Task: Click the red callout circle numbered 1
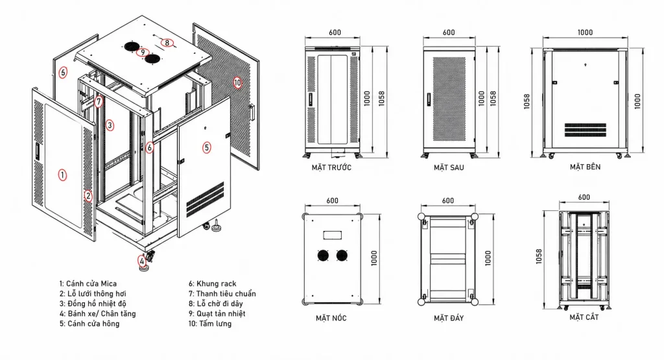click(x=62, y=175)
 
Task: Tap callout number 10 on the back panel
click(x=237, y=82)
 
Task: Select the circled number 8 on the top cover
click(x=167, y=42)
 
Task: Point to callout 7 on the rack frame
click(x=99, y=102)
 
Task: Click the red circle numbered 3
click(x=110, y=125)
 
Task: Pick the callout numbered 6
click(x=150, y=147)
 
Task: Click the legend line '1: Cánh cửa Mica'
click(x=88, y=283)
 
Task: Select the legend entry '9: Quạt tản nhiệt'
click(x=217, y=314)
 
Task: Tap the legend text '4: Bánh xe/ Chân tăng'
click(x=97, y=314)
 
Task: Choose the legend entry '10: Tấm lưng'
click(x=210, y=324)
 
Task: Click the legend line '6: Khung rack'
click(x=213, y=283)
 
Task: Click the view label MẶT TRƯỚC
click(x=331, y=168)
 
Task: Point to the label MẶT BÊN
click(x=586, y=167)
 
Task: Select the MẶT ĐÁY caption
click(x=449, y=318)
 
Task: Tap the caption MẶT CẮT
click(x=584, y=317)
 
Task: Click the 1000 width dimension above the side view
click(x=586, y=32)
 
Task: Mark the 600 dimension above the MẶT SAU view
click(x=449, y=32)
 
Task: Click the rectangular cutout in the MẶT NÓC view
click(x=333, y=235)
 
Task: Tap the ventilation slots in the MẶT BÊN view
click(x=586, y=130)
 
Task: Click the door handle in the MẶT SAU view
click(x=429, y=99)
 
